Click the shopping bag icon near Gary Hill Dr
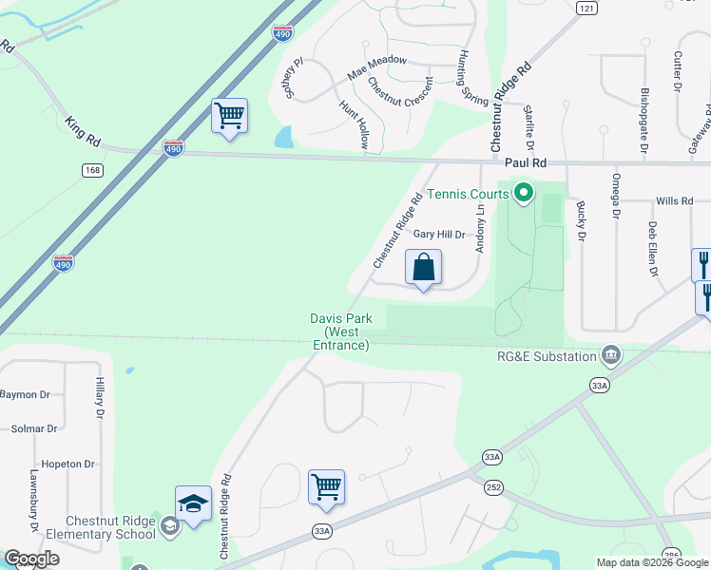[424, 267]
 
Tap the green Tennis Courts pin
[523, 195]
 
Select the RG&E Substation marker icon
[611, 356]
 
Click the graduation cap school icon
[193, 503]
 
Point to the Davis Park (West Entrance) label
[340, 332]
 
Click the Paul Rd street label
[525, 163]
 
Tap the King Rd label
[83, 130]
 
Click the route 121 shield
[586, 8]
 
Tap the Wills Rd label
[674, 201]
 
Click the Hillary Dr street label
[99, 397]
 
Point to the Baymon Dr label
[25, 394]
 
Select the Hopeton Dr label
[69, 465]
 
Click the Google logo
[30, 559]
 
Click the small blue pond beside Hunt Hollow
[283, 138]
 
